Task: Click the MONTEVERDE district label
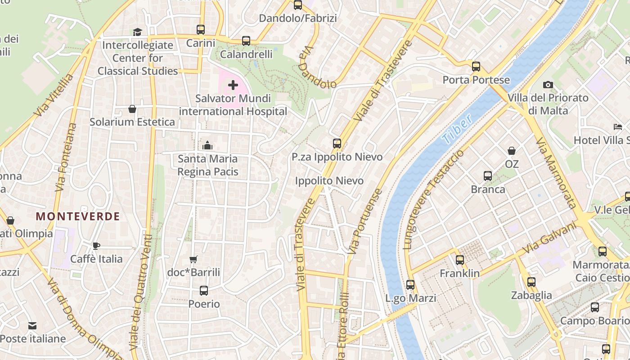(78, 216)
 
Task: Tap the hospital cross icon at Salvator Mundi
(233, 85)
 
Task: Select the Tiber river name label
(457, 129)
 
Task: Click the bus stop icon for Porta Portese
(476, 67)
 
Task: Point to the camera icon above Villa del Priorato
(548, 85)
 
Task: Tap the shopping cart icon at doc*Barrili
(193, 259)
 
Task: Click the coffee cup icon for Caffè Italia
(96, 246)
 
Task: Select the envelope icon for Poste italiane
(32, 326)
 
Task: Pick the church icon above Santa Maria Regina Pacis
(207, 145)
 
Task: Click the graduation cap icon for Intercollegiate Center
(137, 32)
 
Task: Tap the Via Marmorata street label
(556, 173)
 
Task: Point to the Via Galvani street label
(550, 238)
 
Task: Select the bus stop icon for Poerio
(204, 291)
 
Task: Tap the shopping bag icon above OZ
(512, 151)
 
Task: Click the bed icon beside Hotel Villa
(618, 127)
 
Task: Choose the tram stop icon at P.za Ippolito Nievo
(337, 144)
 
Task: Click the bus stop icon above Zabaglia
(531, 282)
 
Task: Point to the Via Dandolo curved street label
(317, 67)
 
